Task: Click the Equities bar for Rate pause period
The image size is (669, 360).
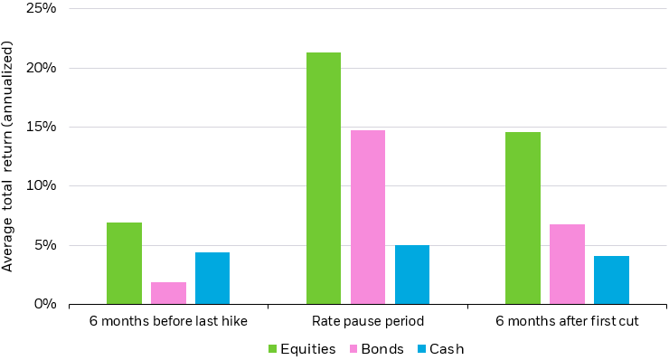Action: click(324, 178)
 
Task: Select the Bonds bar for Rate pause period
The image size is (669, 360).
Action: click(368, 217)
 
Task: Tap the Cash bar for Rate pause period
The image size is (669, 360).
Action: click(412, 274)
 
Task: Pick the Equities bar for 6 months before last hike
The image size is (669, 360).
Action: click(124, 263)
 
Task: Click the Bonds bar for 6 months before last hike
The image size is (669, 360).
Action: click(168, 293)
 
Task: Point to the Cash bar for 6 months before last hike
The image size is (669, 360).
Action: click(212, 278)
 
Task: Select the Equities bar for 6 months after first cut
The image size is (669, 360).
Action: click(523, 218)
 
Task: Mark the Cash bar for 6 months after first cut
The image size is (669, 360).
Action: click(611, 279)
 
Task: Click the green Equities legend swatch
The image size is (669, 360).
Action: click(273, 348)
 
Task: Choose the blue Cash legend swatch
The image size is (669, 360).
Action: click(420, 348)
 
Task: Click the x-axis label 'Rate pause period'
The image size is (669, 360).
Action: click(368, 322)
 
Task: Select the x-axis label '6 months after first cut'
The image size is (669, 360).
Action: click(567, 322)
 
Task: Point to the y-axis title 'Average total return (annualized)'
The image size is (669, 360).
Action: click(9, 156)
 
